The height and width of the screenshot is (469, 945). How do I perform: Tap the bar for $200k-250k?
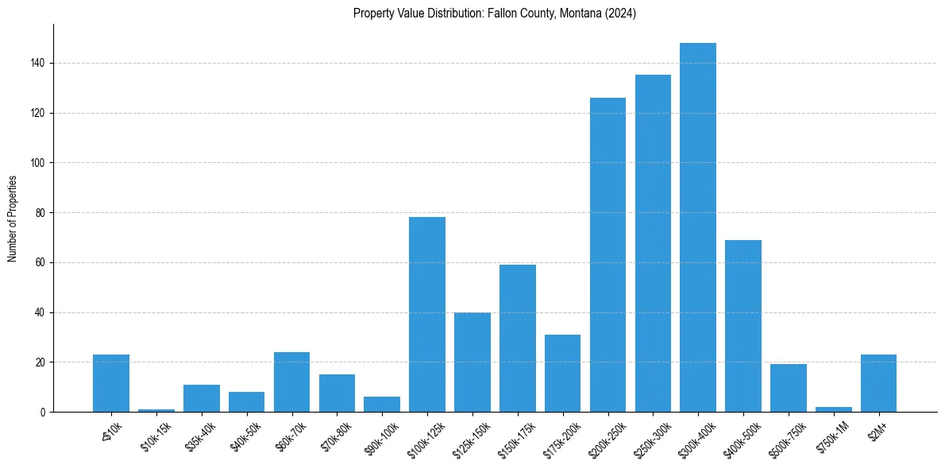pyautogui.click(x=607, y=254)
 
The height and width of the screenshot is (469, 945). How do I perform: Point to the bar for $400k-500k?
pyautogui.click(x=743, y=326)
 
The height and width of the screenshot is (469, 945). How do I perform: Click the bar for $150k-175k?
pyautogui.click(x=518, y=338)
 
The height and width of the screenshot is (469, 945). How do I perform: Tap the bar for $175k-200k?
pyautogui.click(x=562, y=373)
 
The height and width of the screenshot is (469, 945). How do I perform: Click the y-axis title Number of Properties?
pyautogui.click(x=12, y=218)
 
